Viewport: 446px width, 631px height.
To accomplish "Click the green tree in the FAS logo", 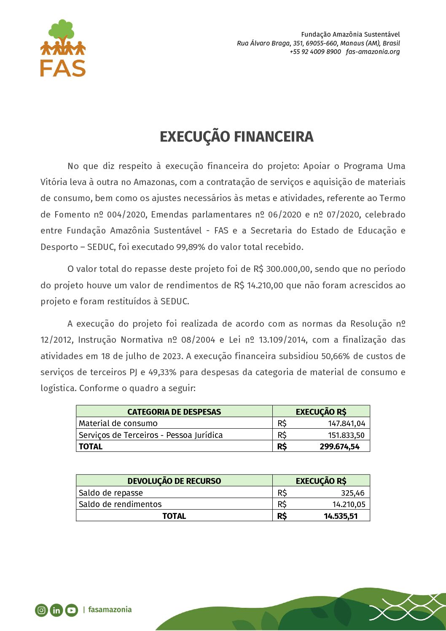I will tap(62, 30).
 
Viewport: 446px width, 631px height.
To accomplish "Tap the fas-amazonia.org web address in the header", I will tap(373, 52).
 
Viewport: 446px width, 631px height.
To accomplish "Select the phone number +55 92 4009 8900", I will tap(315, 52).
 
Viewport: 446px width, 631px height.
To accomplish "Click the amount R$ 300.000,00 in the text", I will tap(282, 269).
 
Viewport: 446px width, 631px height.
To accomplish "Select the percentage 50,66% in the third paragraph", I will tap(336, 356).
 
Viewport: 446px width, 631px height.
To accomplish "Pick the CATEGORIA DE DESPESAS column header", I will tap(174, 412).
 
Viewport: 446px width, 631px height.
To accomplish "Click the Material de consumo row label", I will tap(118, 423).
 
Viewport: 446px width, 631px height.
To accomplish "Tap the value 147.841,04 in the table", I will tap(347, 423).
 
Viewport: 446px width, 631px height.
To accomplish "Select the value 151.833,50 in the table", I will tap(346, 435).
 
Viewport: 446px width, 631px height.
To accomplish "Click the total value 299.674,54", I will tap(339, 446).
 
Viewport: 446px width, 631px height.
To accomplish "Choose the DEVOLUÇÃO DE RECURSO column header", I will tap(174, 481).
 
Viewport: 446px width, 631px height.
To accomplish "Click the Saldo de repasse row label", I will tap(111, 493).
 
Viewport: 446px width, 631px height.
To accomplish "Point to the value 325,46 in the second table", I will tap(352, 493).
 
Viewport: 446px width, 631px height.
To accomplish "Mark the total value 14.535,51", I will tap(341, 516).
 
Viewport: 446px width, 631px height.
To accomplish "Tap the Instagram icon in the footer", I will tap(41, 610).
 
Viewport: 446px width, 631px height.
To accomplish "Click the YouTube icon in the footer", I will tap(72, 610).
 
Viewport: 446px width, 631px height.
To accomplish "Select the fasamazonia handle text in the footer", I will tap(110, 610).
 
